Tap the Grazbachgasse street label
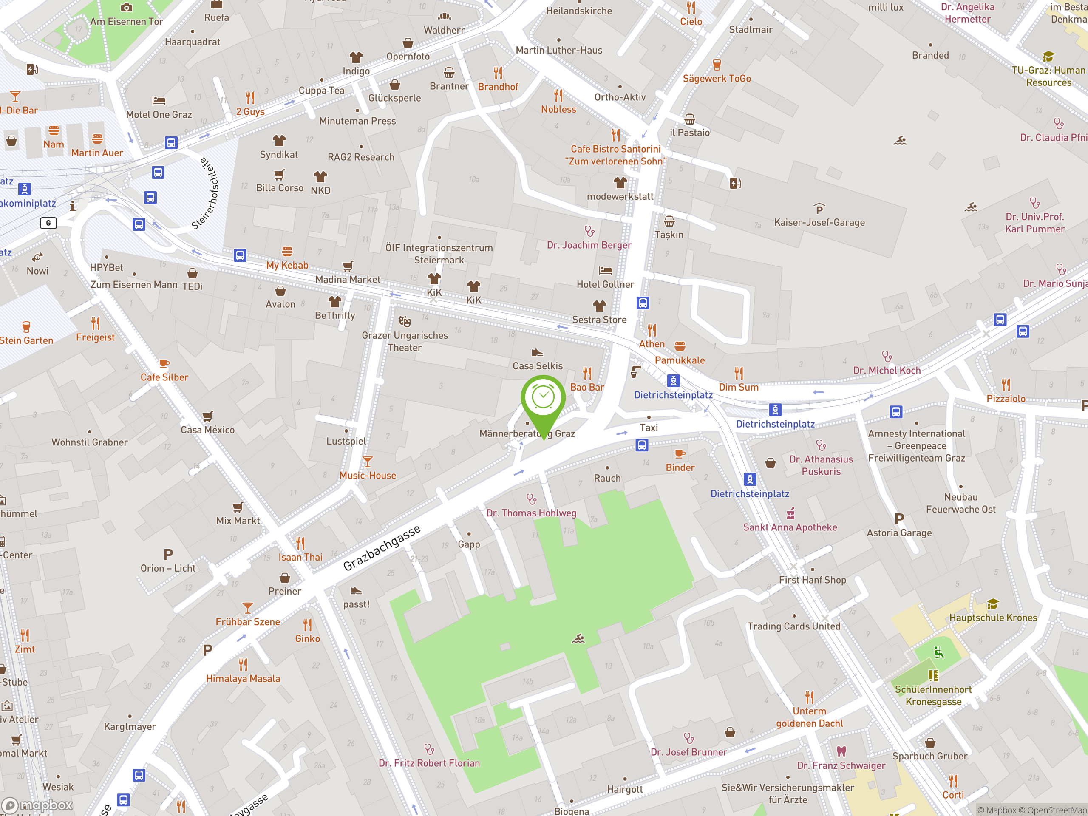[x=382, y=547]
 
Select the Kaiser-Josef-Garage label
[x=819, y=222]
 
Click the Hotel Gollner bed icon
[x=605, y=271]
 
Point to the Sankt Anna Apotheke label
[x=790, y=527]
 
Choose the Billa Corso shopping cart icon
[x=279, y=175]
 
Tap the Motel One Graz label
[x=159, y=115]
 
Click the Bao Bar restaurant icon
[x=587, y=373]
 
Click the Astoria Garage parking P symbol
[x=899, y=519]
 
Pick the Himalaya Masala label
[x=243, y=678]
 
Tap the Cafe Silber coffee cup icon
[x=164, y=363]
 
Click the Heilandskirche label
[x=579, y=11]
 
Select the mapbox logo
[x=37, y=805]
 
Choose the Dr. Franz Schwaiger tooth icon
[x=841, y=751]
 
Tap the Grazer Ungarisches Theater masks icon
[x=405, y=321]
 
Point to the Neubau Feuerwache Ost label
[x=960, y=503]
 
